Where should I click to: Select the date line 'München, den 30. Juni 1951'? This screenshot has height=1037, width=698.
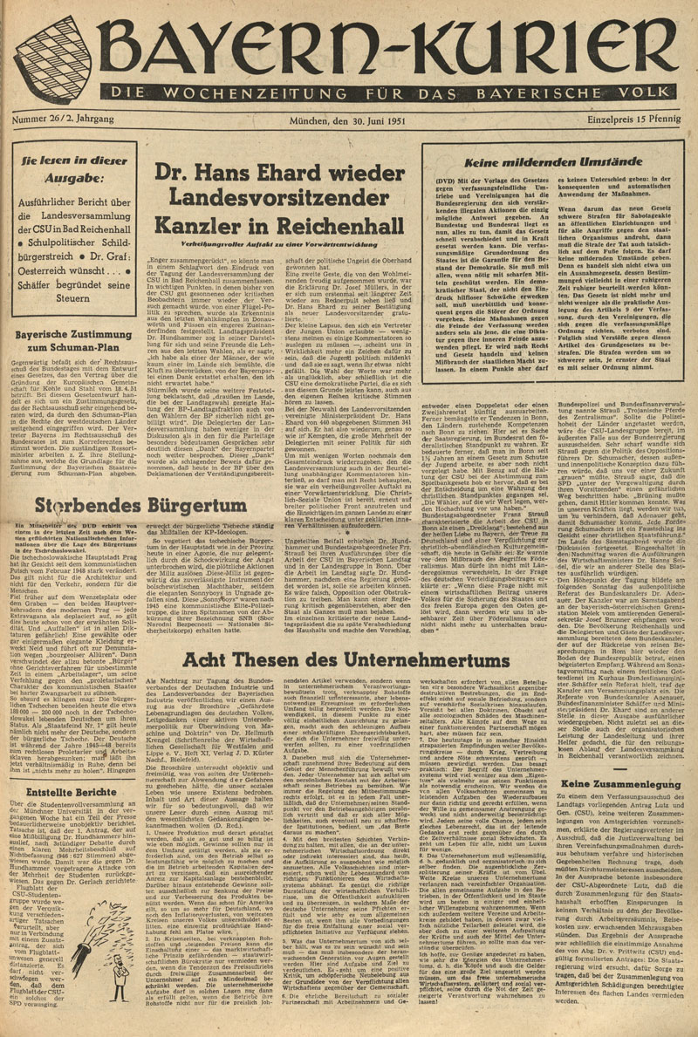tap(349, 119)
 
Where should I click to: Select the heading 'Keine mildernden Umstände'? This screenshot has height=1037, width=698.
tap(550, 162)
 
